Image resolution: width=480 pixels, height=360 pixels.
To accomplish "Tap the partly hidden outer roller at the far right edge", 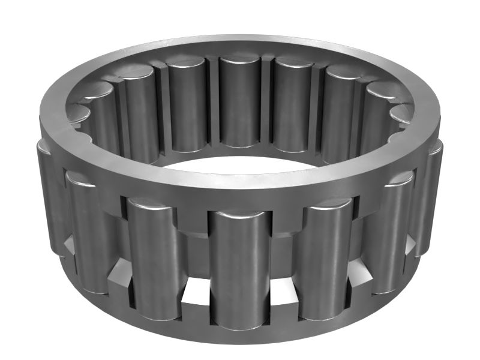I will pos(433,198).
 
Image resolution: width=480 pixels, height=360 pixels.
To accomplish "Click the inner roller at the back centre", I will pos(239,102).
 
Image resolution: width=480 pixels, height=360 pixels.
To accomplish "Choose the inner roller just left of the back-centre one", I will pos(188,105).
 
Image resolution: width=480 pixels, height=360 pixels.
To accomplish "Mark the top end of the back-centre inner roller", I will pos(239,61).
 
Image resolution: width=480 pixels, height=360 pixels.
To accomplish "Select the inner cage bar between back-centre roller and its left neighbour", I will pos(214,102).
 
